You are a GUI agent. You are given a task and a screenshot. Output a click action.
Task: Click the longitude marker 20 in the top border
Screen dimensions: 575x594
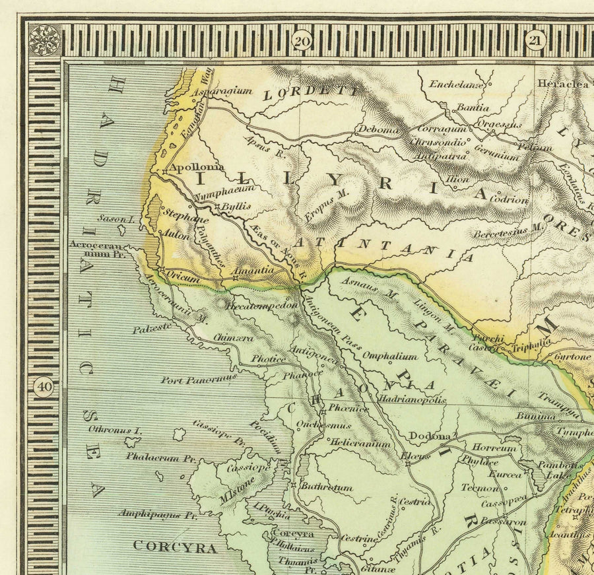[x=302, y=41]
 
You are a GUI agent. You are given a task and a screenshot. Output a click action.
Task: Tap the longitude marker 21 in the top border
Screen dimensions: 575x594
[x=533, y=41]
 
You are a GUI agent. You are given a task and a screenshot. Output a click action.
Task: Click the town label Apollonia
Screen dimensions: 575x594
[x=197, y=168]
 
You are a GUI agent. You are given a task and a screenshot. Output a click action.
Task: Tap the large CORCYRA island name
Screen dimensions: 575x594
[x=175, y=547]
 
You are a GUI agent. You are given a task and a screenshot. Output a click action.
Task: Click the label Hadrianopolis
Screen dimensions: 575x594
[x=411, y=399]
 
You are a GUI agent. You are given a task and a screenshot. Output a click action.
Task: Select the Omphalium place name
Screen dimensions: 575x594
[x=389, y=356]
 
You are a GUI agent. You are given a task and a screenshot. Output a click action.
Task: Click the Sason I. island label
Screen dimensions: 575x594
[x=116, y=219]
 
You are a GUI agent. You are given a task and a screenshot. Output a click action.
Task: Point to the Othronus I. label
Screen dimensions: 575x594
[x=115, y=430]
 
